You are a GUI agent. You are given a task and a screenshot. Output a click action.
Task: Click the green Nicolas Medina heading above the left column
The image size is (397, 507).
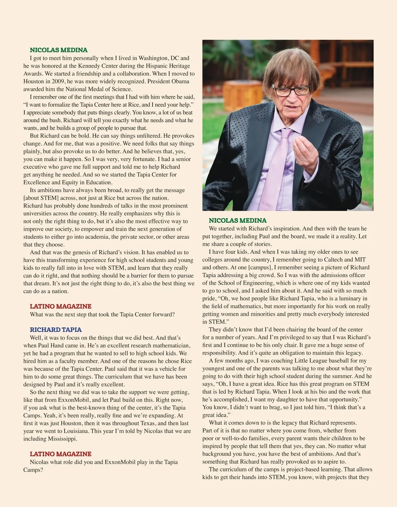coord(59,50)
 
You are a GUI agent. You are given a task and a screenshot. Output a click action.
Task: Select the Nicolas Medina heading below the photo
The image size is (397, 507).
coord(238,221)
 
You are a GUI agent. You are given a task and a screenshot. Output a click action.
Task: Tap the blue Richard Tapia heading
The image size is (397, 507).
coord(56,330)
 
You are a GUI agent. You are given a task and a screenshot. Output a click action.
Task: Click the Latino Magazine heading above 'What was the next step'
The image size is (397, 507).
coord(61,307)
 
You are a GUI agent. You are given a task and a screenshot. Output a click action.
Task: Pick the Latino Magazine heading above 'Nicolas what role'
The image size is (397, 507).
coord(61,454)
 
